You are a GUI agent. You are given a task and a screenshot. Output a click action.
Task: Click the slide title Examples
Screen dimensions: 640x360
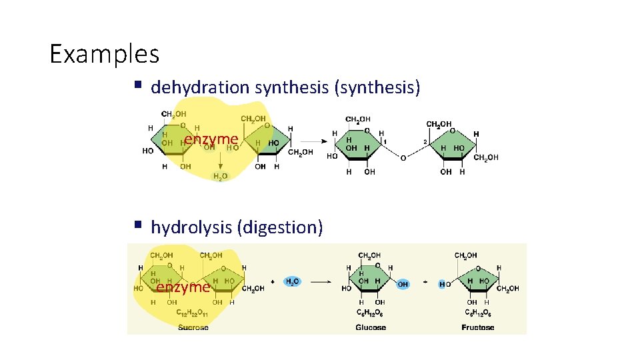click(x=105, y=53)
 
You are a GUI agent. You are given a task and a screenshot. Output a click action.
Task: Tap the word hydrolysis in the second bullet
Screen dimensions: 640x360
click(x=191, y=227)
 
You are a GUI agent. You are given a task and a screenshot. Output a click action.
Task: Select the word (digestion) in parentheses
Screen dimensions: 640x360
click(x=280, y=227)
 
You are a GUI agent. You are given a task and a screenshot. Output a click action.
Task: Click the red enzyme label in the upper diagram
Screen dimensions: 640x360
click(x=211, y=139)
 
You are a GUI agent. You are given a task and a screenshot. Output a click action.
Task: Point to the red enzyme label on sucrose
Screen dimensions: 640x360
click(x=182, y=287)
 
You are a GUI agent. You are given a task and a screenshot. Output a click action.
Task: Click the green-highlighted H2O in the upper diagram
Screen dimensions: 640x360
click(x=220, y=176)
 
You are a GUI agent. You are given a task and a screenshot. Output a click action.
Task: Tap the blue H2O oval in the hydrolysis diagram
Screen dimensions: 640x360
click(x=293, y=282)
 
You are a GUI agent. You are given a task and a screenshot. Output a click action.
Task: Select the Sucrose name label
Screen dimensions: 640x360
click(x=193, y=327)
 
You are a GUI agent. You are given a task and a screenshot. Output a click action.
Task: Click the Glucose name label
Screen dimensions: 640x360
click(x=371, y=327)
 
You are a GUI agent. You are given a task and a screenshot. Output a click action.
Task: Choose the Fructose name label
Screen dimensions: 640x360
click(x=477, y=327)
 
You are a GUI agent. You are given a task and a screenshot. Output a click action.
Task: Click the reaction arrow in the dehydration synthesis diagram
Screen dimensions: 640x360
click(x=311, y=141)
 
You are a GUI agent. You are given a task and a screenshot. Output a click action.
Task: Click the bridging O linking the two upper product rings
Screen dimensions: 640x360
click(x=402, y=158)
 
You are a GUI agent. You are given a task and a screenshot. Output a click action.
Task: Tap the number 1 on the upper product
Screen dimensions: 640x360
click(x=385, y=141)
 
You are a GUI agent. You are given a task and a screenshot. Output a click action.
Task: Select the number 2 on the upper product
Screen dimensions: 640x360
click(x=424, y=141)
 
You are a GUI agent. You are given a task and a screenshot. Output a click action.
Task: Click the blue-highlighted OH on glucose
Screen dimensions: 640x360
click(x=403, y=284)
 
